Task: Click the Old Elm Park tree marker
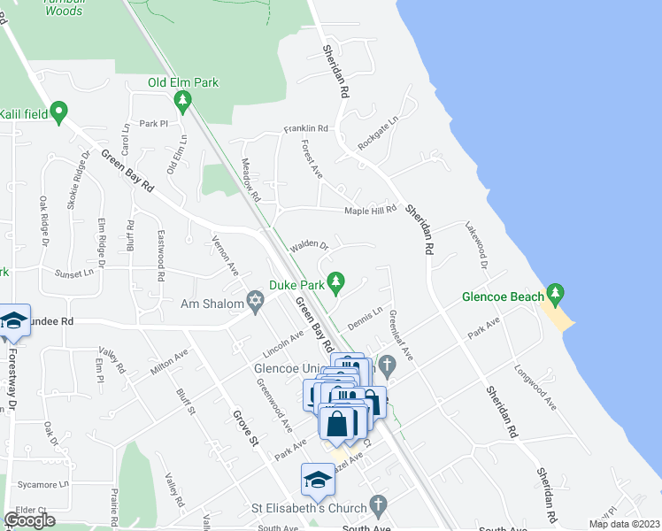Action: point(183,104)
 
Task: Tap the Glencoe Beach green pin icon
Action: point(555,293)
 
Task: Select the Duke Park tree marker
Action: point(335,282)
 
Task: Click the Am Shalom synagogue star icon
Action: point(256,304)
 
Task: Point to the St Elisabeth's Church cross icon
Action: point(378,507)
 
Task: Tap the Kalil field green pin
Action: point(59,112)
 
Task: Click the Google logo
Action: point(29,519)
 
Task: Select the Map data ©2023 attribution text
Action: point(625,524)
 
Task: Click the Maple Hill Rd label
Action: point(370,211)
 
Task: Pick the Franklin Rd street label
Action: point(306,129)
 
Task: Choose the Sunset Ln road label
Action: point(73,274)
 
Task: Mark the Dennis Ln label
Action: point(365,319)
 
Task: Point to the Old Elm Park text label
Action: point(183,83)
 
